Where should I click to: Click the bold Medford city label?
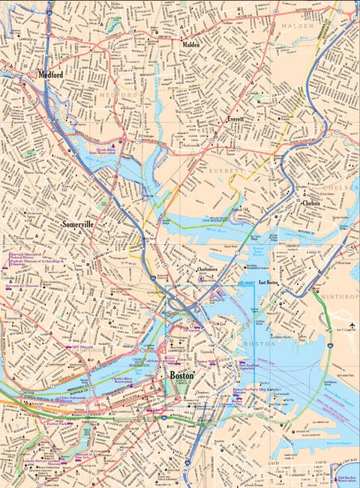(x=50, y=76)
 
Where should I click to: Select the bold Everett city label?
(x=236, y=119)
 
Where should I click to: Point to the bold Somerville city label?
(x=79, y=224)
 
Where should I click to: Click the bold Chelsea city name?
(x=311, y=202)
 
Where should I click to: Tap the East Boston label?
(x=268, y=283)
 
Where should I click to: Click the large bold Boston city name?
(x=182, y=375)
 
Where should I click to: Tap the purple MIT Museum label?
(x=80, y=348)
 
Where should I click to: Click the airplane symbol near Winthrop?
(x=350, y=324)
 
